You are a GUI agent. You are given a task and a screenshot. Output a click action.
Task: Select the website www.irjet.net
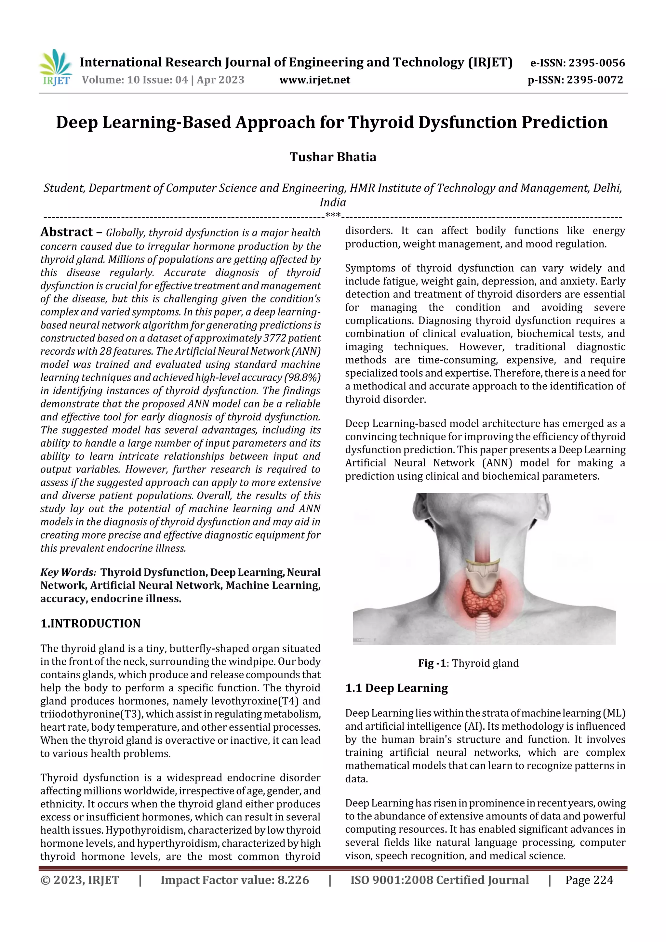[315, 80]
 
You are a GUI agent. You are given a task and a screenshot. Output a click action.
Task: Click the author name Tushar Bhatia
[333, 157]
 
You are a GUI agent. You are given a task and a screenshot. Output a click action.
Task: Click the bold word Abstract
[66, 232]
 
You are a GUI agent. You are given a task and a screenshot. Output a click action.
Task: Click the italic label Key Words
[68, 572]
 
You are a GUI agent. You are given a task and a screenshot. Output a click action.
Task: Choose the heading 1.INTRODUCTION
[90, 624]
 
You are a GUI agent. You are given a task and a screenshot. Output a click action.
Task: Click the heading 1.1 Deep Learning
[396, 688]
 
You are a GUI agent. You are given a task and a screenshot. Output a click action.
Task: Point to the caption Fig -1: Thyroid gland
[468, 663]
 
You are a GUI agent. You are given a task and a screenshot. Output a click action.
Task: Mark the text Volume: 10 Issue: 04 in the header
[135, 80]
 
